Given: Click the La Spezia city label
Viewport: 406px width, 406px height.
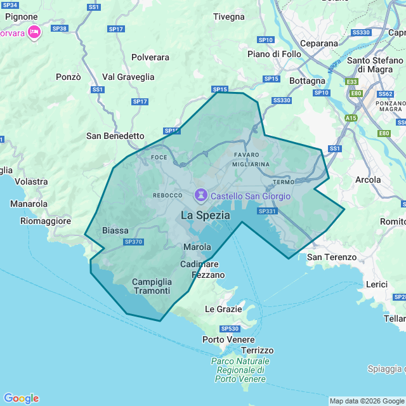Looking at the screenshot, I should point(206,215).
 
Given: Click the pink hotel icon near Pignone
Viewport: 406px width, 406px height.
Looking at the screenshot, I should point(34,31).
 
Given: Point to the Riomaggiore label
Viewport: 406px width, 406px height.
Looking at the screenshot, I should point(46,221).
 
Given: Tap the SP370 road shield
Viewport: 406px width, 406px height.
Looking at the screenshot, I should point(134,242).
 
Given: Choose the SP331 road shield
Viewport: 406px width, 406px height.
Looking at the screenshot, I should point(267,211).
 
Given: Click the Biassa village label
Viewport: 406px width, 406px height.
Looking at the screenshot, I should point(115,230).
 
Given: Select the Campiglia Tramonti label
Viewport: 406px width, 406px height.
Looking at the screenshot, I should point(152,286).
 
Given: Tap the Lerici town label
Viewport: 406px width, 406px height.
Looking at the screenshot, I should point(377,284).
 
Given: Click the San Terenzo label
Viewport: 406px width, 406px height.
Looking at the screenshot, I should point(332,257).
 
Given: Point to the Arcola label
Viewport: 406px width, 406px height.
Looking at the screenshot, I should point(368,180).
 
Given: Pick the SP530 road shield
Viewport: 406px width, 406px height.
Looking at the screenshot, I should point(230,329).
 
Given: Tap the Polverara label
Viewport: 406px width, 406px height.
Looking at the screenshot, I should point(150,57).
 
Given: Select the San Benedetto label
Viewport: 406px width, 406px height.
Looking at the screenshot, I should point(115,136).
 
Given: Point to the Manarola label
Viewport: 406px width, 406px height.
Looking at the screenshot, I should point(29,204).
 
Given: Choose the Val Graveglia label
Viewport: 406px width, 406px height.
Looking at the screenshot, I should point(128,77).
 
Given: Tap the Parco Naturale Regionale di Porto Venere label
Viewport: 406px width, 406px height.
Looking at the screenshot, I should point(240,370).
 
